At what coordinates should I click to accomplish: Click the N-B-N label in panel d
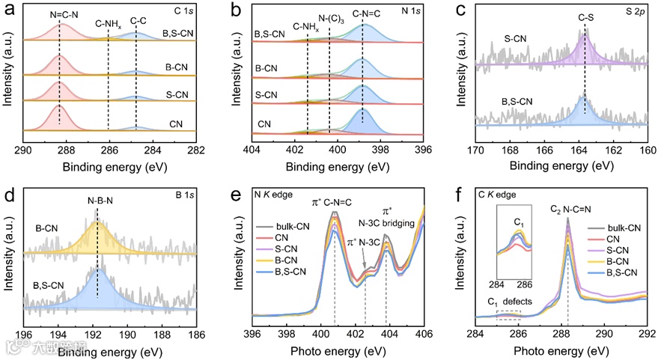[x=97, y=201]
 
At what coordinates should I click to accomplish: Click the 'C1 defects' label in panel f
[x=510, y=302]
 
